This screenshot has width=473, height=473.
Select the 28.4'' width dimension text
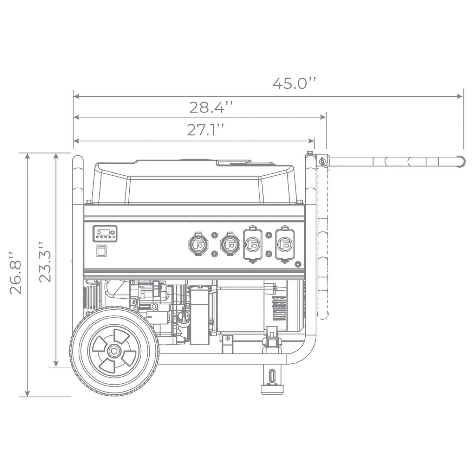211,107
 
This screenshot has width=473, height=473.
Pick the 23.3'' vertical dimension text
44,262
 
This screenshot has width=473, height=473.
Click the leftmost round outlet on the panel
197,244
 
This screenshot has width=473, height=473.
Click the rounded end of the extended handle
461,161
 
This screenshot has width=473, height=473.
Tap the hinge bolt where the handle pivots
322,161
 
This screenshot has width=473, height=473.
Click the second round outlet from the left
230,244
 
